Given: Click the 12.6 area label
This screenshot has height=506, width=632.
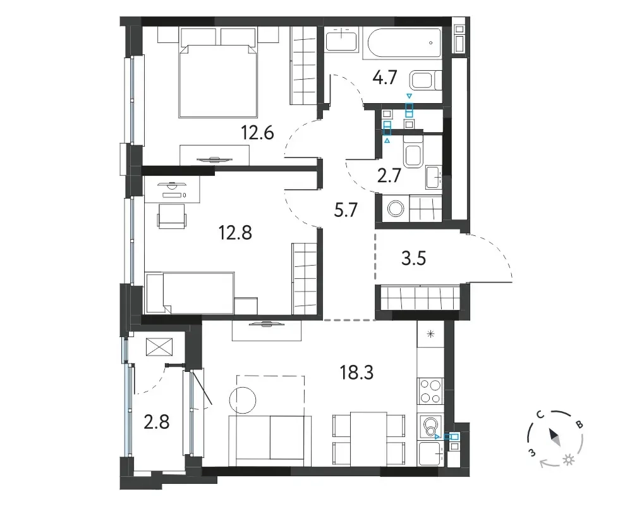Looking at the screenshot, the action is click(258, 132).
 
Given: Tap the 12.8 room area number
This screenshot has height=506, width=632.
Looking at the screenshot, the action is click(235, 232).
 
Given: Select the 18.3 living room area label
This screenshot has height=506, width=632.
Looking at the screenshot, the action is click(356, 373).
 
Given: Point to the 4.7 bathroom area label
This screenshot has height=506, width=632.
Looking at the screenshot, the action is click(385, 77).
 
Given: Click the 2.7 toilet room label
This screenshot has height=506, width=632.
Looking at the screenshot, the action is click(389, 176).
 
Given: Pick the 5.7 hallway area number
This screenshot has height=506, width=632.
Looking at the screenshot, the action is click(346, 210).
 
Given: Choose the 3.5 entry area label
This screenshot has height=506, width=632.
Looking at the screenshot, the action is click(414, 258).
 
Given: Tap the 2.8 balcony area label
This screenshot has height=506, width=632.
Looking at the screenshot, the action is click(156, 423).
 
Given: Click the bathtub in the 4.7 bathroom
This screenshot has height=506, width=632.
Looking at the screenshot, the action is click(403, 43).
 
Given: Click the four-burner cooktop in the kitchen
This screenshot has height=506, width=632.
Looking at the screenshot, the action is click(430, 392).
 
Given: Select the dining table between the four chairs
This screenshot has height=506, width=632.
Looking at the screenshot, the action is click(369, 439).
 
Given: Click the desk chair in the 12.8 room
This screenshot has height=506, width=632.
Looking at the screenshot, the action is click(173, 216).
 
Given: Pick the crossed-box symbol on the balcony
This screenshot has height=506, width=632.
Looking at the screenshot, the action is click(159, 347).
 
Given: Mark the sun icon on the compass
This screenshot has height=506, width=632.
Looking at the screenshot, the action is click(569, 460).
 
